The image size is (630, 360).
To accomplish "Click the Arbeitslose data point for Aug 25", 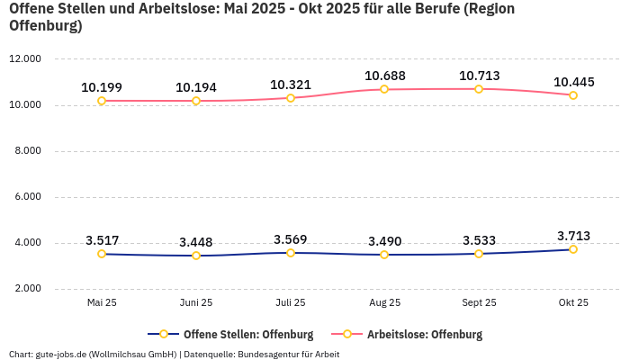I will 384,89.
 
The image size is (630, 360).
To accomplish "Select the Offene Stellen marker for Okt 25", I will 573,249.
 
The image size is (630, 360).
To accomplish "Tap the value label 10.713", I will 479,76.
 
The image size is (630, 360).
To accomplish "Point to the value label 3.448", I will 196,242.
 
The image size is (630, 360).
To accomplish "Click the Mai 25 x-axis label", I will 102,303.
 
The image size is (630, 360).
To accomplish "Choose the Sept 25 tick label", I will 479,303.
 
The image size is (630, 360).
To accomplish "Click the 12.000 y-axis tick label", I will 25,59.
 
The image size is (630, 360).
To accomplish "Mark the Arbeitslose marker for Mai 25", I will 102,101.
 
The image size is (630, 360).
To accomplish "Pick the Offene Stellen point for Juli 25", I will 291,253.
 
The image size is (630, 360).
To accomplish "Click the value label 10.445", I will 573,82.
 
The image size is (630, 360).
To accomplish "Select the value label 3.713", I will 573,236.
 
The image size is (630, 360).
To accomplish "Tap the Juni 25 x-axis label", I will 196,303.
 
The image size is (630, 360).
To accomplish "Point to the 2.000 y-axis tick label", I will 25,289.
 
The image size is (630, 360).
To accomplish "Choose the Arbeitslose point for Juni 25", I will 196,101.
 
